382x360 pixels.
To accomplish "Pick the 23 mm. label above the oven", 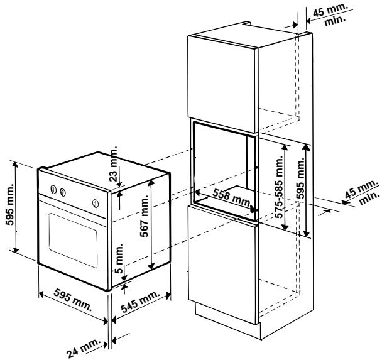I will [114, 165].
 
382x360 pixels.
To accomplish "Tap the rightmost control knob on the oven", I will [95, 203].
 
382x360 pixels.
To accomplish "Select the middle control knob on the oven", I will [63, 193].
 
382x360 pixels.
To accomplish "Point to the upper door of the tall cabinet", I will [222, 79].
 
